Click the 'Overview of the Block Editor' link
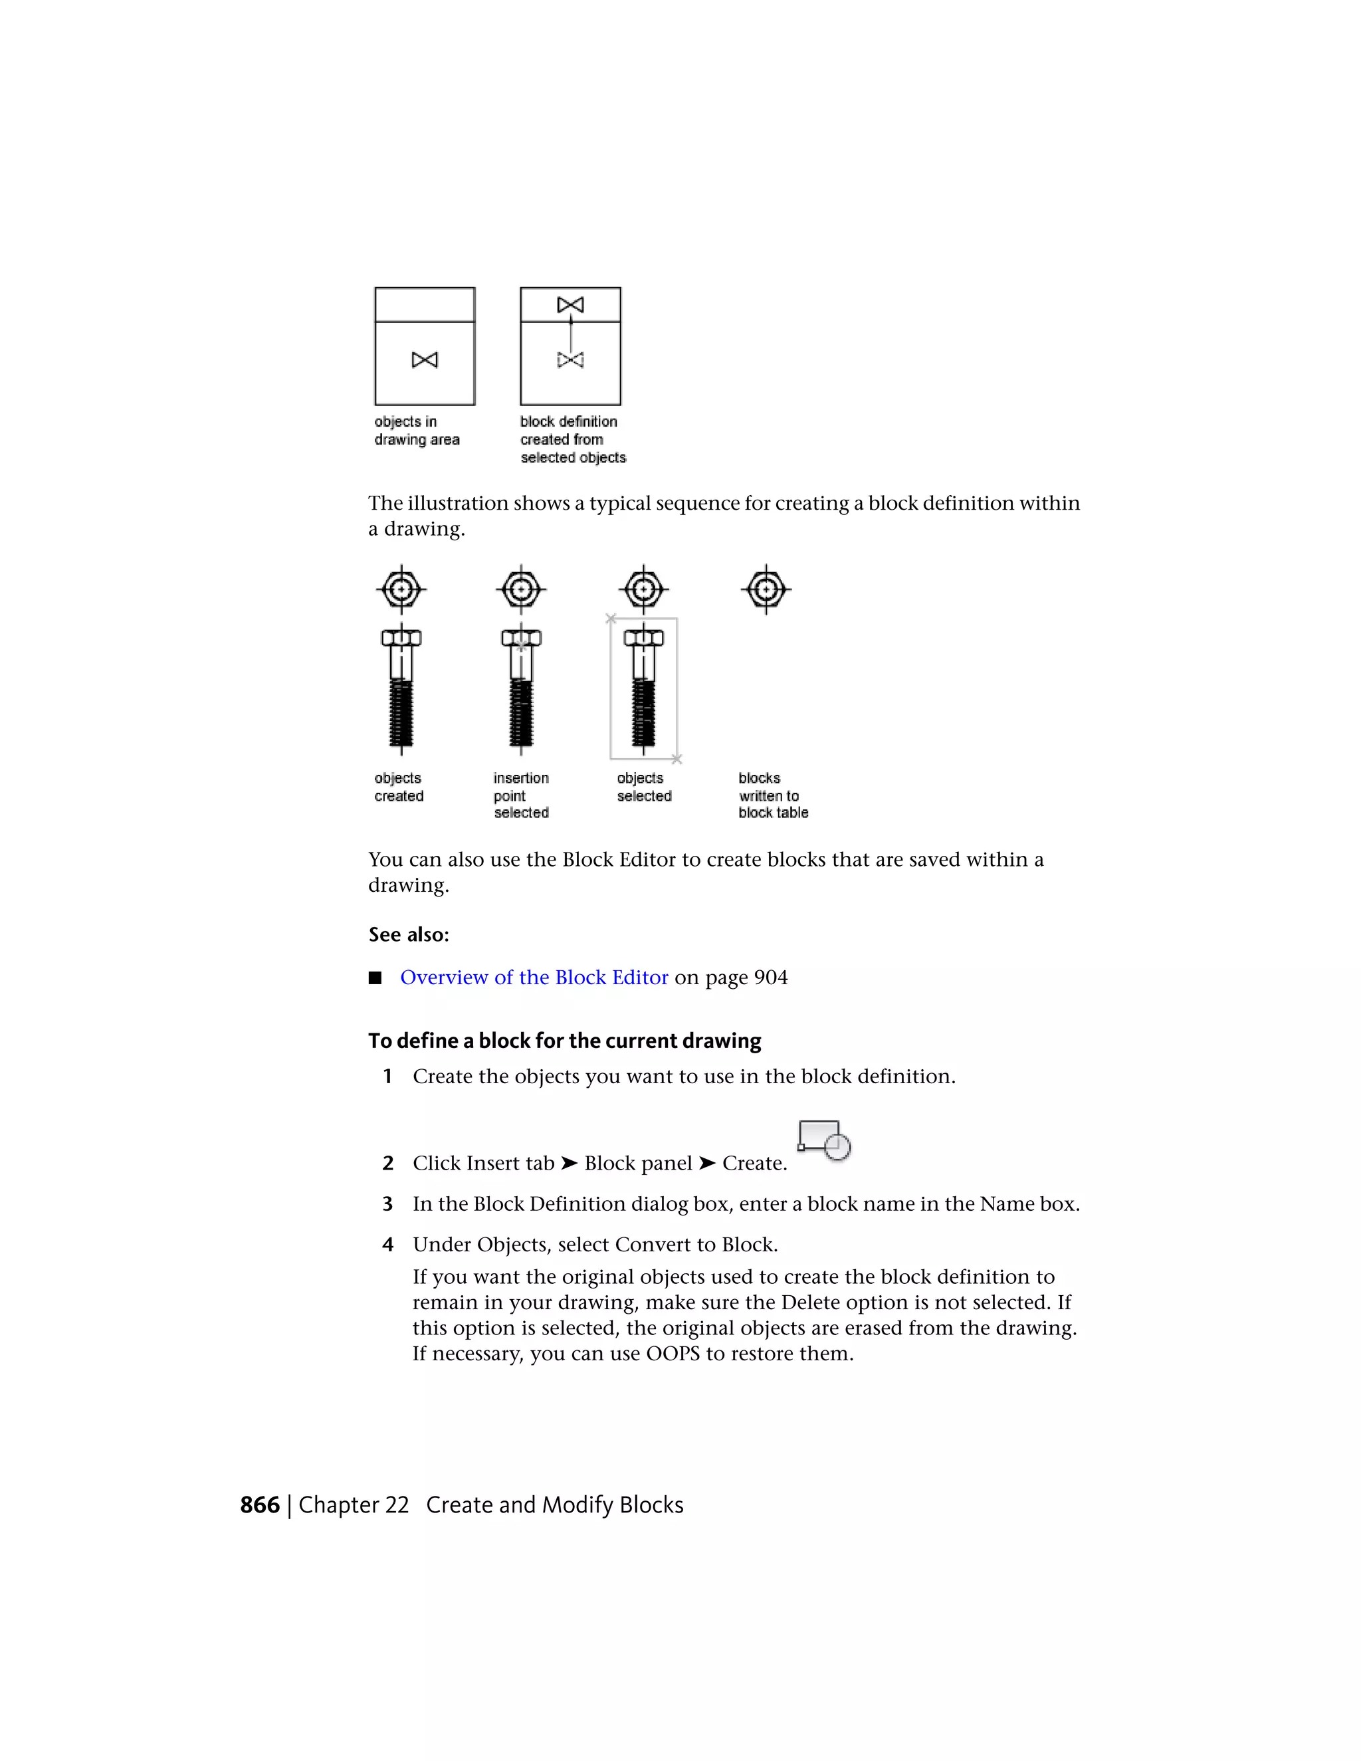pyautogui.click(x=534, y=978)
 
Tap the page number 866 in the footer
pyautogui.click(x=260, y=1505)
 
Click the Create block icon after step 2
pyautogui.click(x=824, y=1140)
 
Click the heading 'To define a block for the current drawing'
pyautogui.click(x=564, y=1041)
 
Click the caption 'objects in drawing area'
pyautogui.click(x=417, y=431)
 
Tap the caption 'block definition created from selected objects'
pyautogui.click(x=572, y=439)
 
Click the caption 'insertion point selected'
pyautogui.click(x=521, y=795)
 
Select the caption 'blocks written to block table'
pyautogui.click(x=772, y=795)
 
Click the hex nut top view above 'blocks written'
pyautogui.click(x=766, y=589)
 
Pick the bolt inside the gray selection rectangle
pyautogui.click(x=643, y=689)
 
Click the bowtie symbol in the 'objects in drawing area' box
pyautogui.click(x=425, y=360)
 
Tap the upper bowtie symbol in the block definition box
pyautogui.click(x=570, y=305)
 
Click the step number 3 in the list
pyautogui.click(x=388, y=1204)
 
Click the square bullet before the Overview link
pyautogui.click(x=375, y=978)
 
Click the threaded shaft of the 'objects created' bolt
pyautogui.click(x=401, y=714)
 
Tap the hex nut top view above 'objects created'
pyautogui.click(x=401, y=589)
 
